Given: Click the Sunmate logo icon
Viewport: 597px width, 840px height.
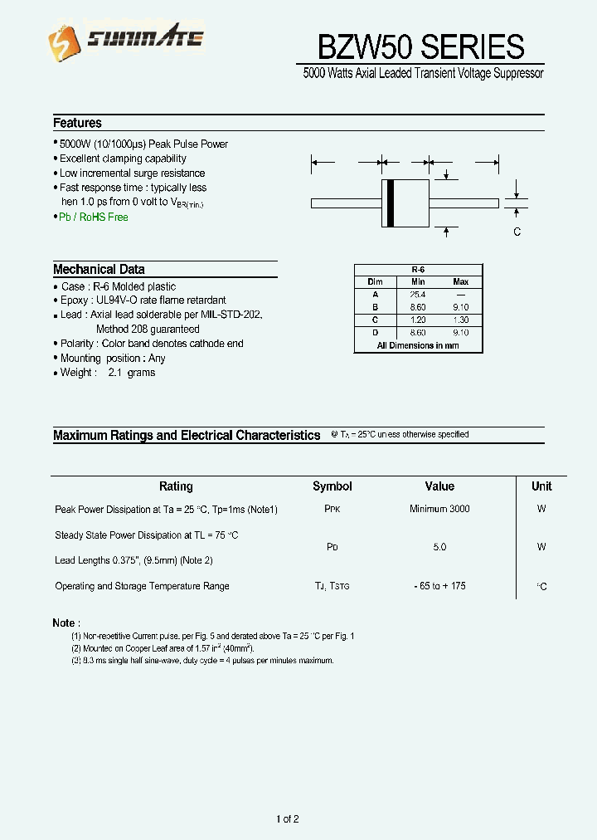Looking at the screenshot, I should (x=61, y=40).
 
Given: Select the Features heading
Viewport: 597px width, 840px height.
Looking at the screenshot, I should (x=77, y=123).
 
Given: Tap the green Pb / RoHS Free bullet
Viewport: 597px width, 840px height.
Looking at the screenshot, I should (x=93, y=217).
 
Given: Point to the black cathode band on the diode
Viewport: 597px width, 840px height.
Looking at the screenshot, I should (x=390, y=203).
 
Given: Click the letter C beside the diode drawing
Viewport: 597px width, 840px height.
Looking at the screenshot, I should (x=517, y=232).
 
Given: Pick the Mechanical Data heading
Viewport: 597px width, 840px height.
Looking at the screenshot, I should (x=99, y=269).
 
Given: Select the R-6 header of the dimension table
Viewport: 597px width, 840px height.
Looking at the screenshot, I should (x=418, y=270).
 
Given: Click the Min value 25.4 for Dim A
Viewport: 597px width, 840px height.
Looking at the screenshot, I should (x=417, y=295).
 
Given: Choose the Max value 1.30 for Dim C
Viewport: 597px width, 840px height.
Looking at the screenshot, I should (x=461, y=320).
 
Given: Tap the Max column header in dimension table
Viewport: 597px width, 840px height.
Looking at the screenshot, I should (x=461, y=282).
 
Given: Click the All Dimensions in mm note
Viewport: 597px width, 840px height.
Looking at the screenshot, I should (x=418, y=345).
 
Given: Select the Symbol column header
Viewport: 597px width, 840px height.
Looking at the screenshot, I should (x=332, y=486).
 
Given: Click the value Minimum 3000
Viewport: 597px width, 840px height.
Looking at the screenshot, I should (x=439, y=509).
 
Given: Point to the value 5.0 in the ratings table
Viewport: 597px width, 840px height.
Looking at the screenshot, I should (x=439, y=547).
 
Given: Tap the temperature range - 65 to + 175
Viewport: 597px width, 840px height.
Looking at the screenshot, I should (x=439, y=586).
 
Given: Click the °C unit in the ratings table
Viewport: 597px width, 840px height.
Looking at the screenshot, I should (x=541, y=587).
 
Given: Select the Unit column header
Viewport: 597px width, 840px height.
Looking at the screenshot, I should (x=541, y=486).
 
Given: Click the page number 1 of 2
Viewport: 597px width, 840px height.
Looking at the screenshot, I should (x=287, y=819).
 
